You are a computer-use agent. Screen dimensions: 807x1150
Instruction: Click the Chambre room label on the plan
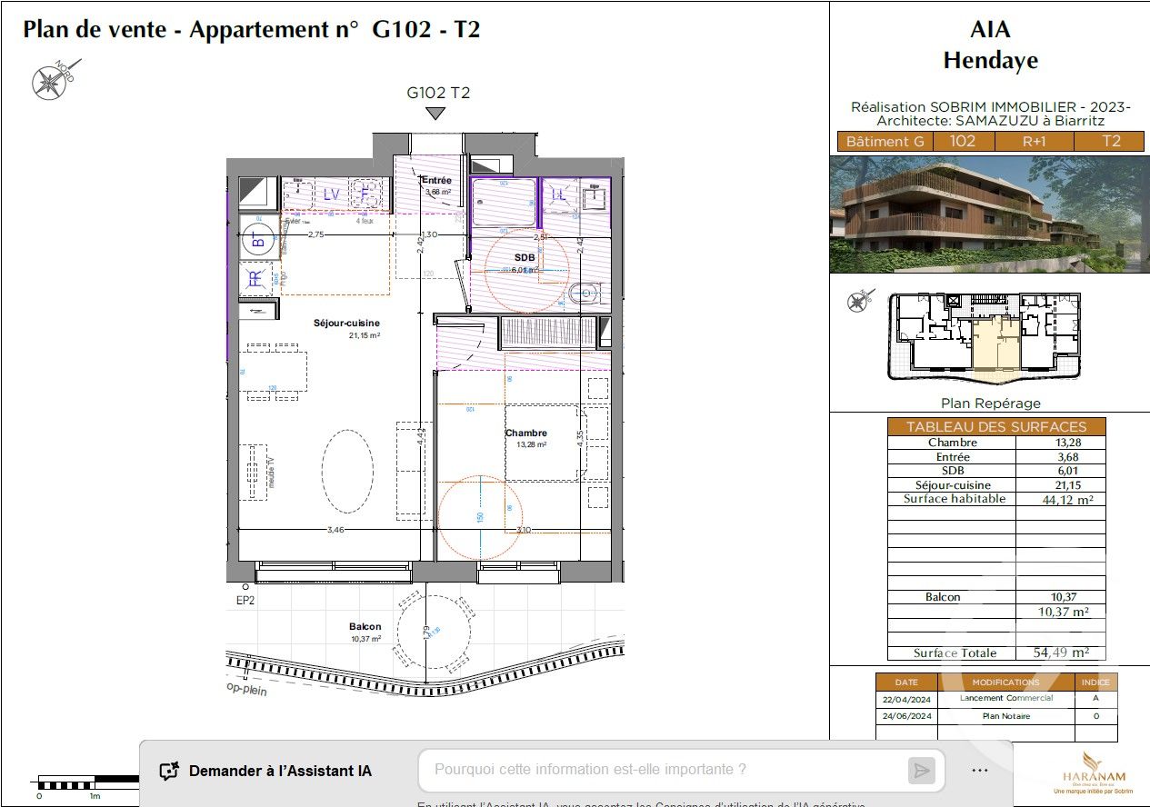click(x=526, y=433)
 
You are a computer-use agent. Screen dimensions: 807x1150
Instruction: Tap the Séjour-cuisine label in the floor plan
click(x=346, y=323)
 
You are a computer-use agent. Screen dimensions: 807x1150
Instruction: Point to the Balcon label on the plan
click(x=365, y=627)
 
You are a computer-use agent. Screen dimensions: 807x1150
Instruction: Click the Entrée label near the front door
click(x=436, y=181)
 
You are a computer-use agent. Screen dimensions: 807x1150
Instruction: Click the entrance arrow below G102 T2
click(x=436, y=114)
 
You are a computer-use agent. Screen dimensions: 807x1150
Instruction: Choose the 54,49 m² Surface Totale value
click(x=1061, y=653)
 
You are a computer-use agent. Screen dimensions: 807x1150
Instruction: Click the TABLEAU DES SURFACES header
click(x=996, y=426)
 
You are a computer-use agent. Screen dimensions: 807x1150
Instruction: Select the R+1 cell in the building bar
click(x=1034, y=142)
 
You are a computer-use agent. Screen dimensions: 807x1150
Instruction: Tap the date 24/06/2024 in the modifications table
click(x=906, y=716)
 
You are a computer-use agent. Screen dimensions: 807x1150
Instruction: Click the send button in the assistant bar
click(x=921, y=771)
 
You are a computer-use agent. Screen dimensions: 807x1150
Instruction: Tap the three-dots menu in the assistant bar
click(x=979, y=770)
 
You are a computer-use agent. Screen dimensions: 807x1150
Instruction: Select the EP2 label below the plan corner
click(x=245, y=601)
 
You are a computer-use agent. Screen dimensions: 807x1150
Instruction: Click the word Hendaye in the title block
click(x=990, y=61)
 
